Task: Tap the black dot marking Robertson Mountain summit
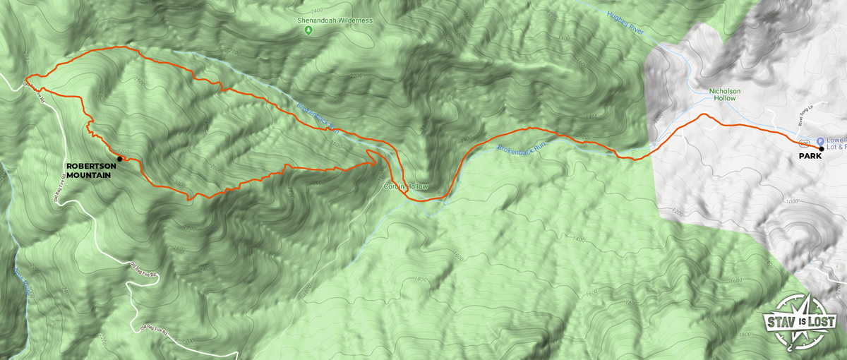119,159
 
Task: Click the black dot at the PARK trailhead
821,148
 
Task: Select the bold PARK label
810,156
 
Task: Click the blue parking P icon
820,140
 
